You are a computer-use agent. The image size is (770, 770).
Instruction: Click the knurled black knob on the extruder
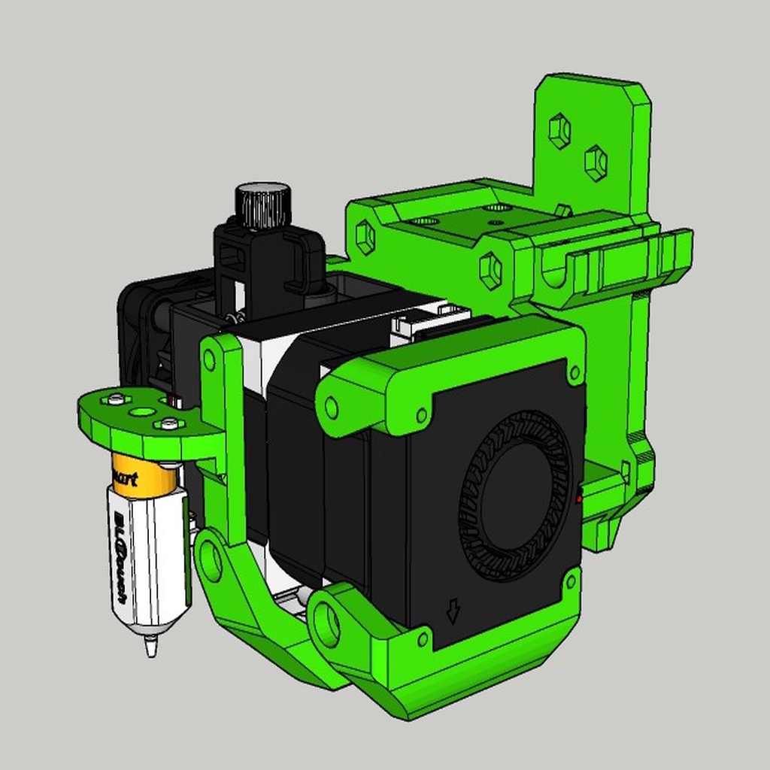coord(262,205)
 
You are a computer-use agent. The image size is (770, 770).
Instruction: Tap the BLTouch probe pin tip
coord(151,646)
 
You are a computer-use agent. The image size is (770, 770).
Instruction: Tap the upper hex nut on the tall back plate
coord(559,131)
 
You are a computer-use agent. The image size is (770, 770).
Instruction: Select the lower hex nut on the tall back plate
coord(595,162)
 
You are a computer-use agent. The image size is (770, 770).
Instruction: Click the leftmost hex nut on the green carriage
coord(365,236)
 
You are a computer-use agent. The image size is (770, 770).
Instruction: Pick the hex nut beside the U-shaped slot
coord(490,269)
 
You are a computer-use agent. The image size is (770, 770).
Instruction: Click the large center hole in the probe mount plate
coord(141,412)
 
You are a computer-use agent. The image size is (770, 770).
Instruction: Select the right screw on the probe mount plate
coord(169,424)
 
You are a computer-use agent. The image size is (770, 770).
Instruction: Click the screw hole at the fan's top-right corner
coord(574,371)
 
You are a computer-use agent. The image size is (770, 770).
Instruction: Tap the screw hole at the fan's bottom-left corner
coord(423,638)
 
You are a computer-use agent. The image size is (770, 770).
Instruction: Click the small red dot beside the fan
coord(578,498)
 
